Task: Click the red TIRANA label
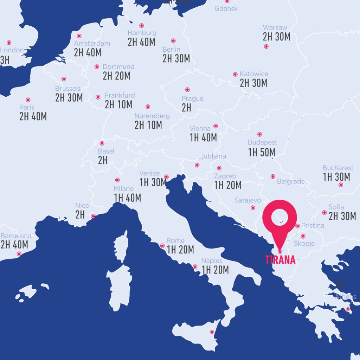pos(280,261)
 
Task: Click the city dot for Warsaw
pos(266,46)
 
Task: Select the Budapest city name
pos(262,142)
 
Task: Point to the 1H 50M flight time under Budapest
pos(262,152)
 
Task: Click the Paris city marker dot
pos(28,100)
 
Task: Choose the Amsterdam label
pos(92,44)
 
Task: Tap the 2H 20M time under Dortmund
pos(116,76)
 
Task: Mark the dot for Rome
pos(162,246)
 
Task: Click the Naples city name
pos(212,261)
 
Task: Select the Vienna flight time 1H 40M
pos(203,137)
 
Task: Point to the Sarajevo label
pos(248,200)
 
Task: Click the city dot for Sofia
pos(324,212)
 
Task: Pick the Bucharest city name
pos(338,168)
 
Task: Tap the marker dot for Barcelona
pos(19,254)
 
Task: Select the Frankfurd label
pos(120,95)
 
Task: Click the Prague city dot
pos(187,90)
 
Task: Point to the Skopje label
pos(304,243)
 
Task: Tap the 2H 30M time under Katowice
pos(253,83)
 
